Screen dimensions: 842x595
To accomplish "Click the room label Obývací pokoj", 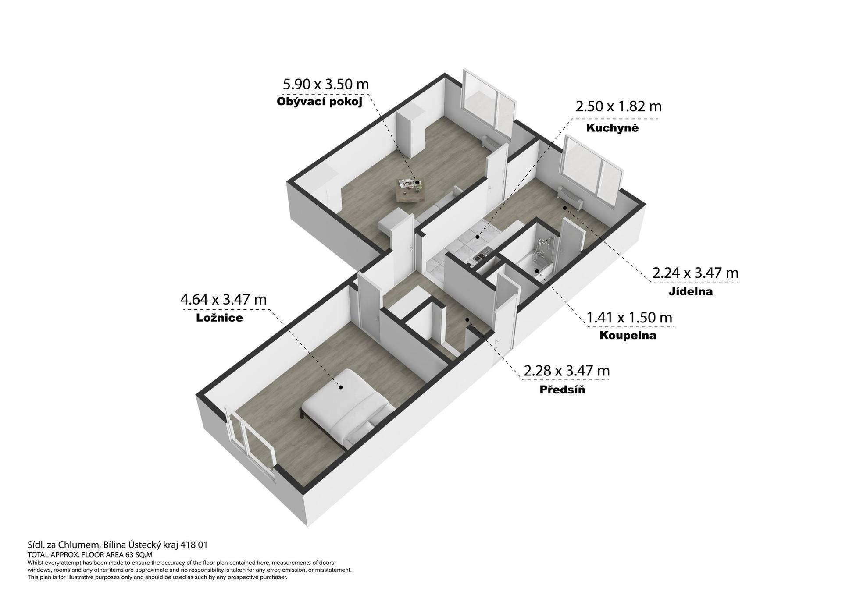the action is click(319, 102).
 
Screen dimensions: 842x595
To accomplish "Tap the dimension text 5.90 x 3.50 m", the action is click(326, 84).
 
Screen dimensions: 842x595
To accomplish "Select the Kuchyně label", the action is click(612, 128).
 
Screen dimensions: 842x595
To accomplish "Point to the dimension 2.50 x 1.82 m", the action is click(618, 106).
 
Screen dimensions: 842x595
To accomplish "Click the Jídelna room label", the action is click(690, 291).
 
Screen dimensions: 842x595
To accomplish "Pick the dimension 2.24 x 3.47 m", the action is click(696, 273).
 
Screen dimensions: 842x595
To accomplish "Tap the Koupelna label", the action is click(628, 336).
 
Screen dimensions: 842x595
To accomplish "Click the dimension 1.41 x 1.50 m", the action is click(629, 317).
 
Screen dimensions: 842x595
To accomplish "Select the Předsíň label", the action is click(562, 389).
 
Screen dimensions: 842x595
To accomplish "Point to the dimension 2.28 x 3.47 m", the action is click(567, 371).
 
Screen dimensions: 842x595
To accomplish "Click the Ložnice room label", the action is click(219, 318).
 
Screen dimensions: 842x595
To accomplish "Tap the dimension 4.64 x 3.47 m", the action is click(224, 299).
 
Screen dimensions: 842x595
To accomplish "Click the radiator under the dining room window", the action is click(571, 198).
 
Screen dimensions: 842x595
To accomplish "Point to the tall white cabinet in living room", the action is click(411, 133).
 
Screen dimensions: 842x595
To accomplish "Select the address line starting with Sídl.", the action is click(118, 545).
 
